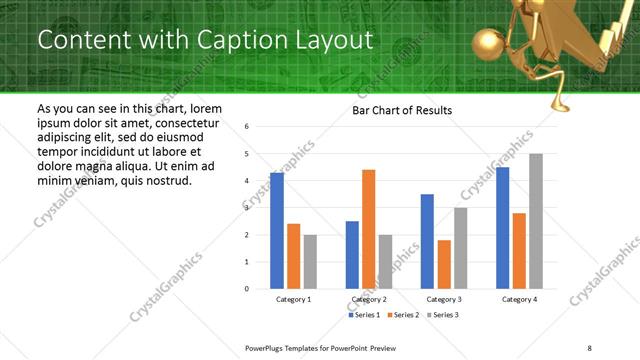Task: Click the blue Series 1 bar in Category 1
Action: pyautogui.click(x=277, y=231)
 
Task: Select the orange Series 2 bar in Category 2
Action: pyautogui.click(x=369, y=229)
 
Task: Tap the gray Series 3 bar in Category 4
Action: pyautogui.click(x=536, y=221)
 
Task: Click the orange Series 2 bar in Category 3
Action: pyautogui.click(x=444, y=264)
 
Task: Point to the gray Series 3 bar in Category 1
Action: pyautogui.click(x=311, y=262)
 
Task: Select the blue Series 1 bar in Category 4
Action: pyautogui.click(x=503, y=228)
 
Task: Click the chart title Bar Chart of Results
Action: pyautogui.click(x=402, y=110)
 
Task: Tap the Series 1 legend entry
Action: pyautogui.click(x=365, y=315)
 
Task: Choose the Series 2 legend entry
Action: pyautogui.click(x=403, y=315)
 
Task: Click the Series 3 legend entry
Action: pyautogui.click(x=441, y=315)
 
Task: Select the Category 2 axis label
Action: pyautogui.click(x=369, y=299)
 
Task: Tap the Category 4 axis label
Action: pyautogui.click(x=520, y=299)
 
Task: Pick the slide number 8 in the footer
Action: pyautogui.click(x=587, y=347)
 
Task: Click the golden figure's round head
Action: pyautogui.click(x=488, y=46)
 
